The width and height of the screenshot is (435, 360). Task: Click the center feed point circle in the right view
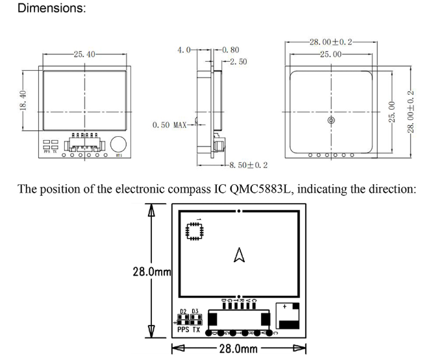coord(332,121)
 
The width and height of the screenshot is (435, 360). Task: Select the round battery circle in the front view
coord(118,144)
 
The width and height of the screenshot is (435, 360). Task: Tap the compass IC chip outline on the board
coord(193,232)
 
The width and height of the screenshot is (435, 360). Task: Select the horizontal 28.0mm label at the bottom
coord(240,351)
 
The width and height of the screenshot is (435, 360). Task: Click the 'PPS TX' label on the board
coord(188,329)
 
